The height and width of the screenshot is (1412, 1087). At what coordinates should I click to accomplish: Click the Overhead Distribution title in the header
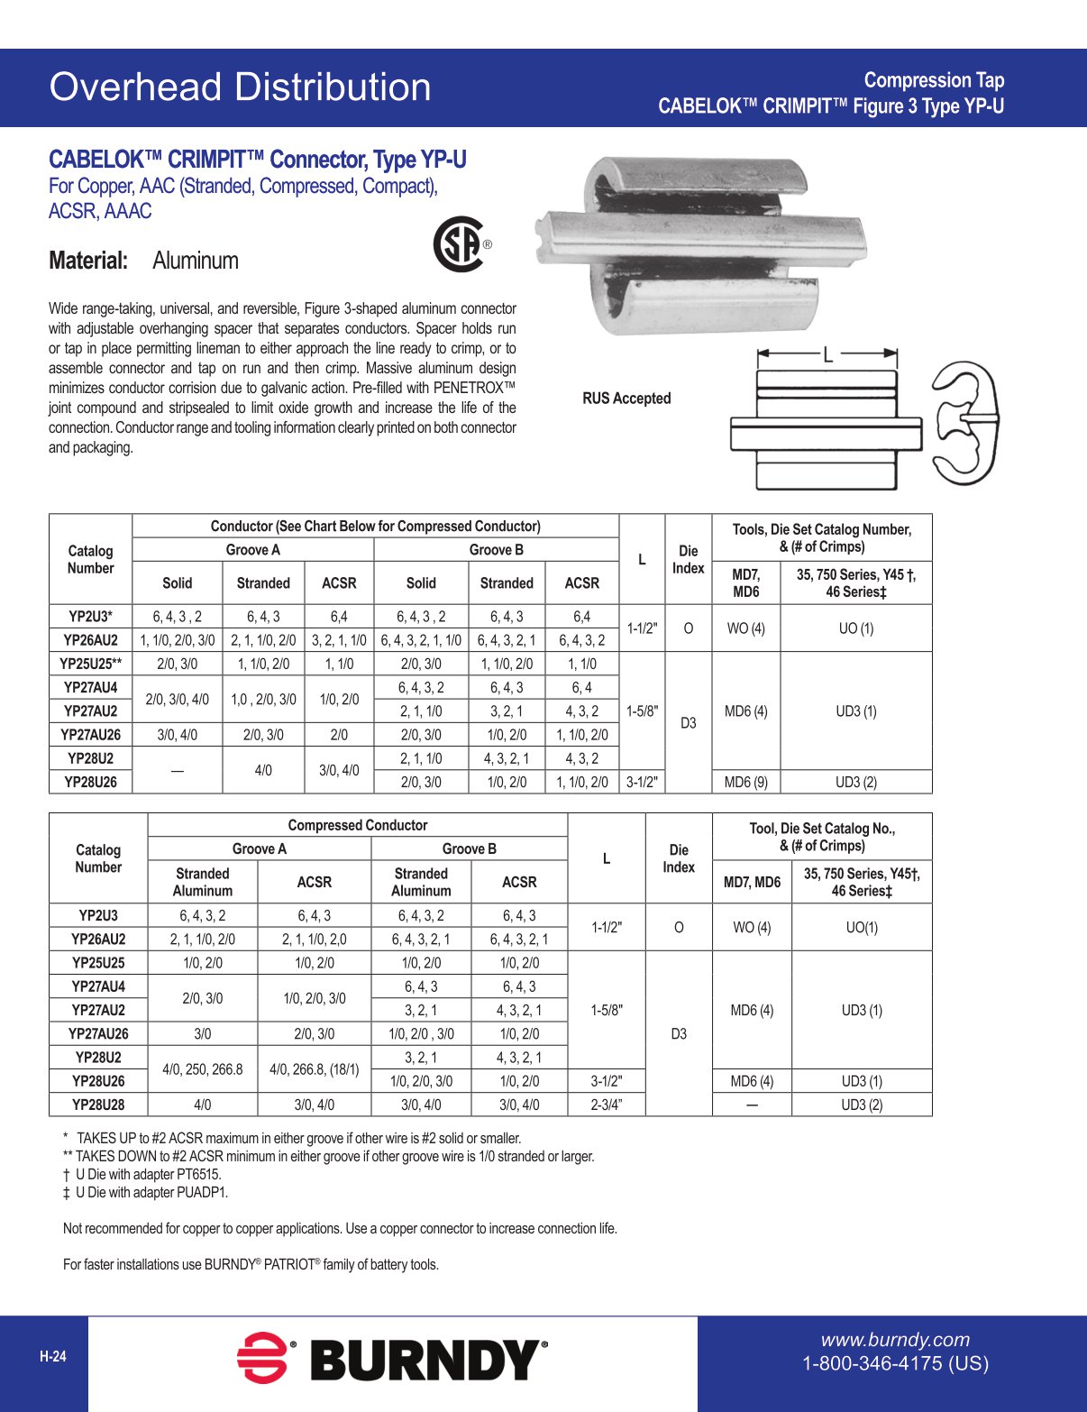click(240, 87)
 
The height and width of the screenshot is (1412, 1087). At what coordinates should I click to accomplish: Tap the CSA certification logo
click(460, 244)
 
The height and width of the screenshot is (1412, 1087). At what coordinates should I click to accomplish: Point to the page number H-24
click(52, 1356)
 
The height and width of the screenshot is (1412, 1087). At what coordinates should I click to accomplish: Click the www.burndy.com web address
click(894, 1340)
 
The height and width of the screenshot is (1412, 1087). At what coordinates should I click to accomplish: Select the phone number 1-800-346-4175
click(895, 1363)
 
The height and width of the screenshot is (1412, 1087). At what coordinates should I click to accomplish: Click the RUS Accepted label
click(626, 399)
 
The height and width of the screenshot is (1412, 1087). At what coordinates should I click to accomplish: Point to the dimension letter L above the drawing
click(827, 354)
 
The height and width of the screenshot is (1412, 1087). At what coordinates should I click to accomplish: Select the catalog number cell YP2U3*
click(90, 617)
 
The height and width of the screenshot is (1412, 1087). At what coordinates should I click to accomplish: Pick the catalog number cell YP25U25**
click(90, 664)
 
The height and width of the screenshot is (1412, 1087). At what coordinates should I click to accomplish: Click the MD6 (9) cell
click(745, 782)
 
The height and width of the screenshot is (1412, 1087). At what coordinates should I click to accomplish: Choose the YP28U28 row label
click(98, 1105)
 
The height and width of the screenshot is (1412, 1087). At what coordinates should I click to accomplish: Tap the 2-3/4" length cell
click(607, 1105)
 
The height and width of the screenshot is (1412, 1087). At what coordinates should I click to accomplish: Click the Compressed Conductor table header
click(357, 825)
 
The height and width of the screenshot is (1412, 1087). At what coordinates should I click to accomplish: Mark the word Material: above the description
click(88, 261)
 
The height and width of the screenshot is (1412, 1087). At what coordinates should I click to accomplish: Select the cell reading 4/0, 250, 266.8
click(202, 1069)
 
